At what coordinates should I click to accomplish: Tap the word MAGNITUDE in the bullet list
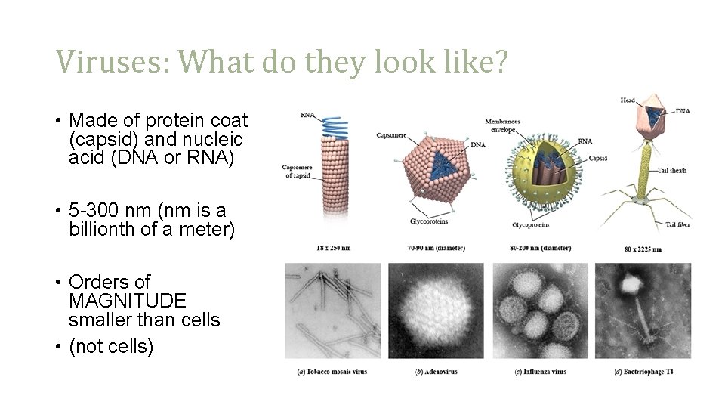127,301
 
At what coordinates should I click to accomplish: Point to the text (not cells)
111,347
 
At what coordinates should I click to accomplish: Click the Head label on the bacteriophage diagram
628,100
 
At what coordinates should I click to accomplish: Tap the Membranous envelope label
502,125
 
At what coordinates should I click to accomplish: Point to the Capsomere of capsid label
297,171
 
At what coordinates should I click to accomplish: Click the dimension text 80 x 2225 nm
643,249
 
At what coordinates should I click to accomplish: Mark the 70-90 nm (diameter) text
435,248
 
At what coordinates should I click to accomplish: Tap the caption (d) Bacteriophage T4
643,372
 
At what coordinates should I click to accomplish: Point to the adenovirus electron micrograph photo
436,311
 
